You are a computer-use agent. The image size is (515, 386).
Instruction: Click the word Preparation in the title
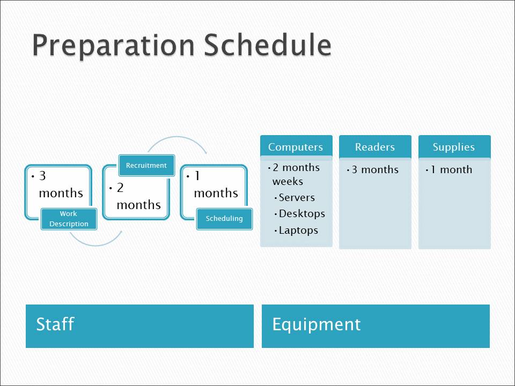pyautogui.click(x=114, y=46)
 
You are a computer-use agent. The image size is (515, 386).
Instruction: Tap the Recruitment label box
pyautogui.click(x=146, y=166)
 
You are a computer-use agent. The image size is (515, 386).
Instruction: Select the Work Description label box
pyautogui.click(x=69, y=219)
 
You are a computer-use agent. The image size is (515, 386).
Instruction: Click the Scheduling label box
pyautogui.click(x=224, y=219)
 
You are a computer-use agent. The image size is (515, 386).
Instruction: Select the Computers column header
pyautogui.click(x=296, y=146)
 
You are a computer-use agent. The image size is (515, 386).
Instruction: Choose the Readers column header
pyautogui.click(x=375, y=147)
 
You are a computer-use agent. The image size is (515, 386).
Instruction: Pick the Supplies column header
pyautogui.click(x=454, y=147)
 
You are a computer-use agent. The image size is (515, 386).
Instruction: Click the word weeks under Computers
pyautogui.click(x=288, y=182)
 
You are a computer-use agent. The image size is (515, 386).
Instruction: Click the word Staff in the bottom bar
pyautogui.click(x=55, y=324)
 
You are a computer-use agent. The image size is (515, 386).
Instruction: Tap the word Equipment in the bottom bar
pyautogui.click(x=317, y=325)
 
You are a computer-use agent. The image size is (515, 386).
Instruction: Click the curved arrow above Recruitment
pyautogui.click(x=178, y=137)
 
